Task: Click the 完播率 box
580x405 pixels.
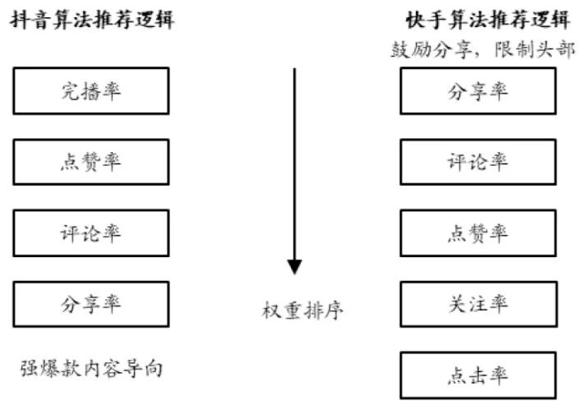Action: click(x=91, y=90)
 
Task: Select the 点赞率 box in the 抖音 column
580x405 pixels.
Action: click(x=91, y=162)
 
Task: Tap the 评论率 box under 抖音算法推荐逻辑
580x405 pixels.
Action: click(x=91, y=232)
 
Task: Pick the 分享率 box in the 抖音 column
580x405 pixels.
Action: click(x=91, y=304)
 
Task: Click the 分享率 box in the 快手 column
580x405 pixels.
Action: click(x=477, y=90)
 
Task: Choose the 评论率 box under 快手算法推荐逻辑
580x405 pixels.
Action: click(x=477, y=162)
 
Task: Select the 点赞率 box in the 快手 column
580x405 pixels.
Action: click(x=477, y=232)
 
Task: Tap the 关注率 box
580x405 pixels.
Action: click(x=477, y=304)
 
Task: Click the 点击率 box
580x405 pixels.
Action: click(x=477, y=375)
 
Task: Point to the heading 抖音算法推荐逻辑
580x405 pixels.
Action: click(x=91, y=18)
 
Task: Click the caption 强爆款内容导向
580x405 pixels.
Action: click(x=91, y=368)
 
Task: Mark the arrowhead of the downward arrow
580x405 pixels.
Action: click(x=294, y=267)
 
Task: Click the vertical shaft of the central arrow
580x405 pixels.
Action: click(x=294, y=164)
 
